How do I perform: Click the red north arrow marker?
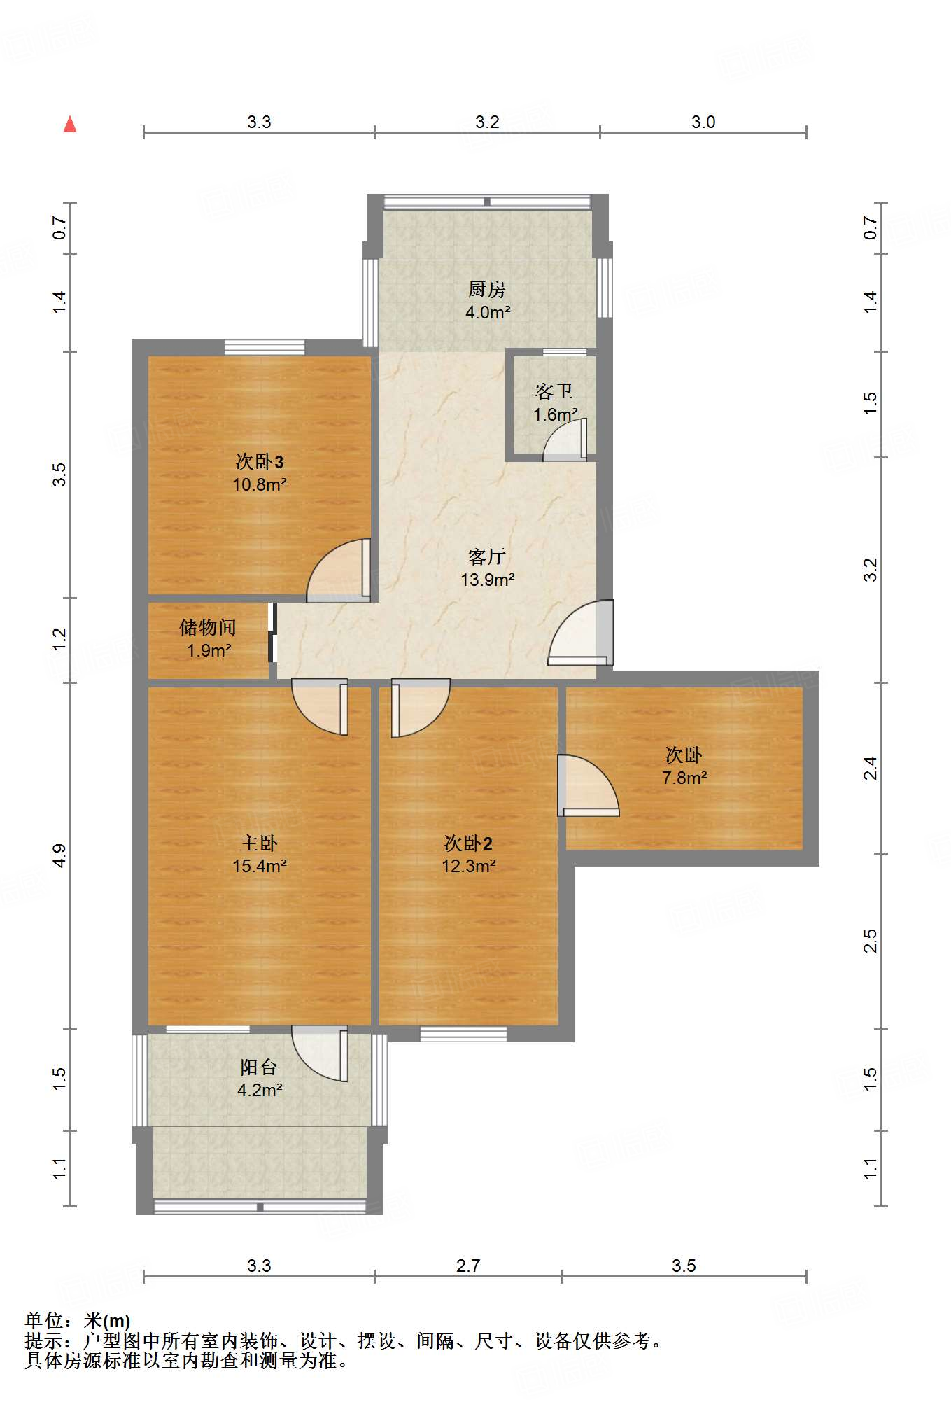[70, 124]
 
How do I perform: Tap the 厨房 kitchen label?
[487, 288]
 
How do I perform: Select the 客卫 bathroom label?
[554, 391]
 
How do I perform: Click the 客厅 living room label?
[487, 556]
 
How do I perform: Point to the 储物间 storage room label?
[208, 627]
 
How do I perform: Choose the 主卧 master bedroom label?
[259, 843]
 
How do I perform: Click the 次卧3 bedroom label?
[260, 461]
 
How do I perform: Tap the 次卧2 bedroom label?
[469, 843]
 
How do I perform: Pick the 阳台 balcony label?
[259, 1067]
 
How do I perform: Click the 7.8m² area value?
[685, 778]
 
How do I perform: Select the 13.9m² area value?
[488, 580]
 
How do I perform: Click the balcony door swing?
[320, 1053]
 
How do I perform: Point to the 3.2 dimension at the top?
[487, 122]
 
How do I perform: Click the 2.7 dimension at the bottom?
[468, 1266]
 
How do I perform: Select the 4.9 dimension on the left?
[59, 856]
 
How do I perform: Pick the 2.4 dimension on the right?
[870, 768]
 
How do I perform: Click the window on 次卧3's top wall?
[265, 348]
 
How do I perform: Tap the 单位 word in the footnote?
[44, 1321]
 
